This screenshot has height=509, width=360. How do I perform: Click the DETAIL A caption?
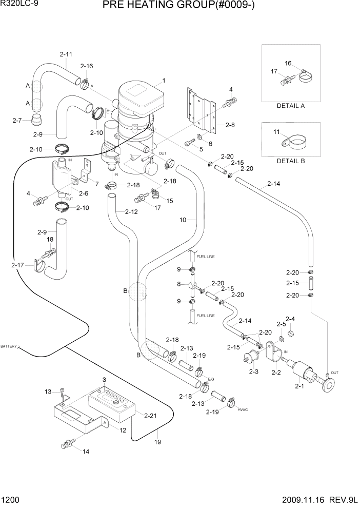(x=291, y=106)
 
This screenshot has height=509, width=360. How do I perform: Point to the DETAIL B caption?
(x=291, y=161)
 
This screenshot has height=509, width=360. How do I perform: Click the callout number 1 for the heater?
(x=163, y=81)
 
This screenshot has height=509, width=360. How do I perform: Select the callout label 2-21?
(x=150, y=415)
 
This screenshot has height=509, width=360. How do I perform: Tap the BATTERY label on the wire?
(x=9, y=347)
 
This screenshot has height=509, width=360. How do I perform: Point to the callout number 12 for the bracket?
(x=123, y=430)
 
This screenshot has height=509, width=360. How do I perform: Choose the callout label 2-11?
(x=66, y=54)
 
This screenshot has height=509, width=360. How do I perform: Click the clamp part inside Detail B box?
(x=294, y=142)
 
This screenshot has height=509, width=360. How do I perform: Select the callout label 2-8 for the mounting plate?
(x=229, y=125)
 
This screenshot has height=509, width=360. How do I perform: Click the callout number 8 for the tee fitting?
(x=179, y=284)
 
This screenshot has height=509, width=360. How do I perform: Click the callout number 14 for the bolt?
(x=85, y=452)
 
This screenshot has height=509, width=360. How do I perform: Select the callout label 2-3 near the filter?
(x=253, y=371)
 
